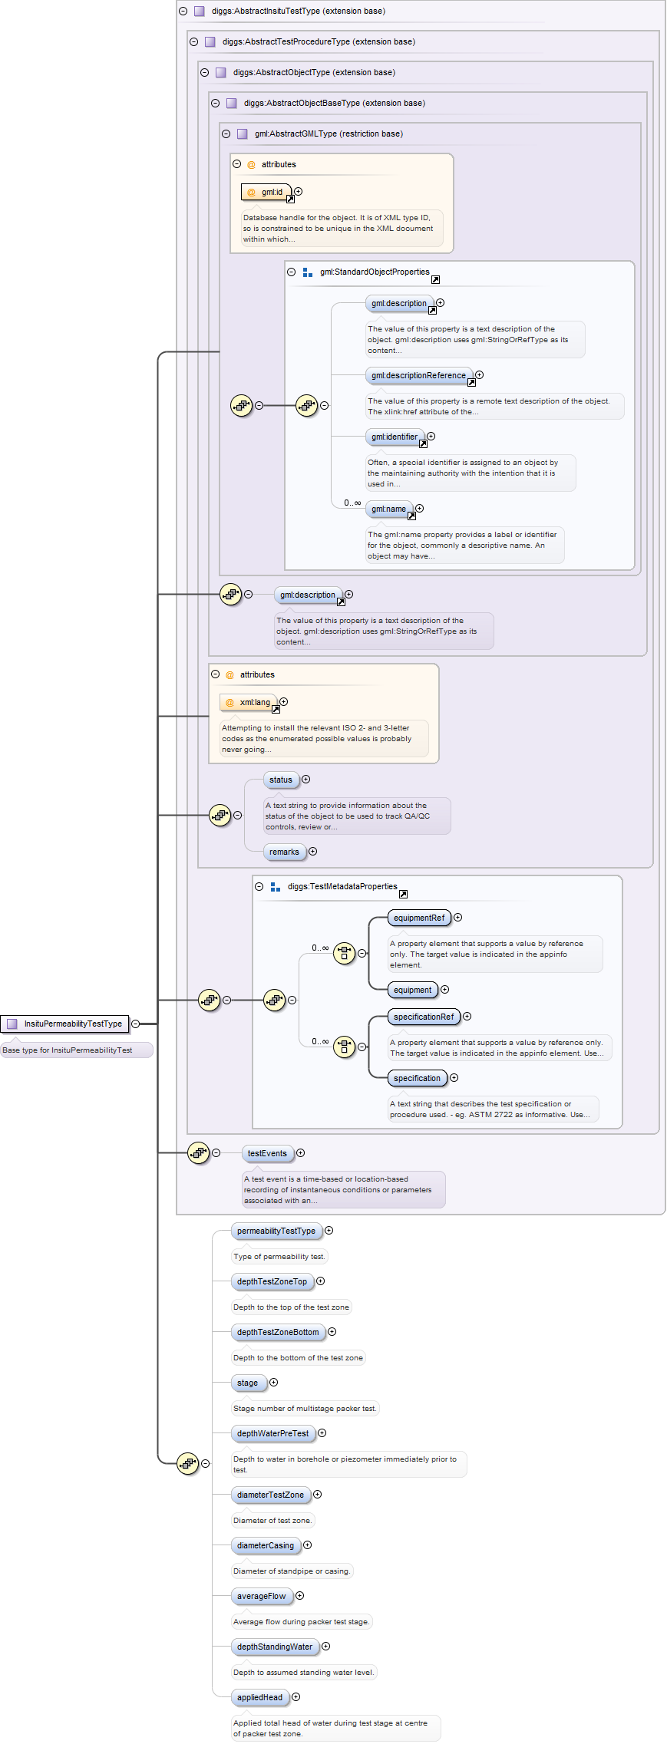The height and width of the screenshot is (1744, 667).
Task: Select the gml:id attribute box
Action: click(x=266, y=192)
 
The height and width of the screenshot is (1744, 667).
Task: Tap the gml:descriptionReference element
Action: click(x=418, y=375)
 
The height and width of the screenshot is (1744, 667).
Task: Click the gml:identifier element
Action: click(x=394, y=437)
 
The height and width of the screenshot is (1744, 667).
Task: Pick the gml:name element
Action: click(x=388, y=509)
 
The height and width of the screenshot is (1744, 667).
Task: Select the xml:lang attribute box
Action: click(x=249, y=702)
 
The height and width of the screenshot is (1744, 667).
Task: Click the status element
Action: click(x=280, y=780)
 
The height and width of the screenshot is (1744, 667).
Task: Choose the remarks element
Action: click(x=284, y=852)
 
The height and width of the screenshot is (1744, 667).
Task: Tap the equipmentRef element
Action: click(x=418, y=918)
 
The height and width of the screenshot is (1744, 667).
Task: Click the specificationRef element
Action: click(x=424, y=1017)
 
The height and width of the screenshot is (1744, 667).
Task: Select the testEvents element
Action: click(x=267, y=1153)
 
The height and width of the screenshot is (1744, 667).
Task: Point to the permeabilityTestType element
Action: click(x=276, y=1231)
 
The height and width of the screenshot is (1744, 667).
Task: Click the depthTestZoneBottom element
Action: click(x=278, y=1332)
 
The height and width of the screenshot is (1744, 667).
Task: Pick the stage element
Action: click(x=247, y=1383)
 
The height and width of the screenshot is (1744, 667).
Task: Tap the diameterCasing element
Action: click(x=265, y=1545)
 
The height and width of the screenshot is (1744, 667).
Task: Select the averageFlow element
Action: click(x=261, y=1596)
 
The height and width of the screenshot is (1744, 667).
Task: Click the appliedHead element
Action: click(x=259, y=1697)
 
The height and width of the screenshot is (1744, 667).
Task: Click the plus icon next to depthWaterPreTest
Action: click(x=322, y=1433)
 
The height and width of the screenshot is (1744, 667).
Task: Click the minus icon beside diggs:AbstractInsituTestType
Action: click(x=183, y=11)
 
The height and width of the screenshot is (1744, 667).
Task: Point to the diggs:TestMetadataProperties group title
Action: click(x=342, y=886)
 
